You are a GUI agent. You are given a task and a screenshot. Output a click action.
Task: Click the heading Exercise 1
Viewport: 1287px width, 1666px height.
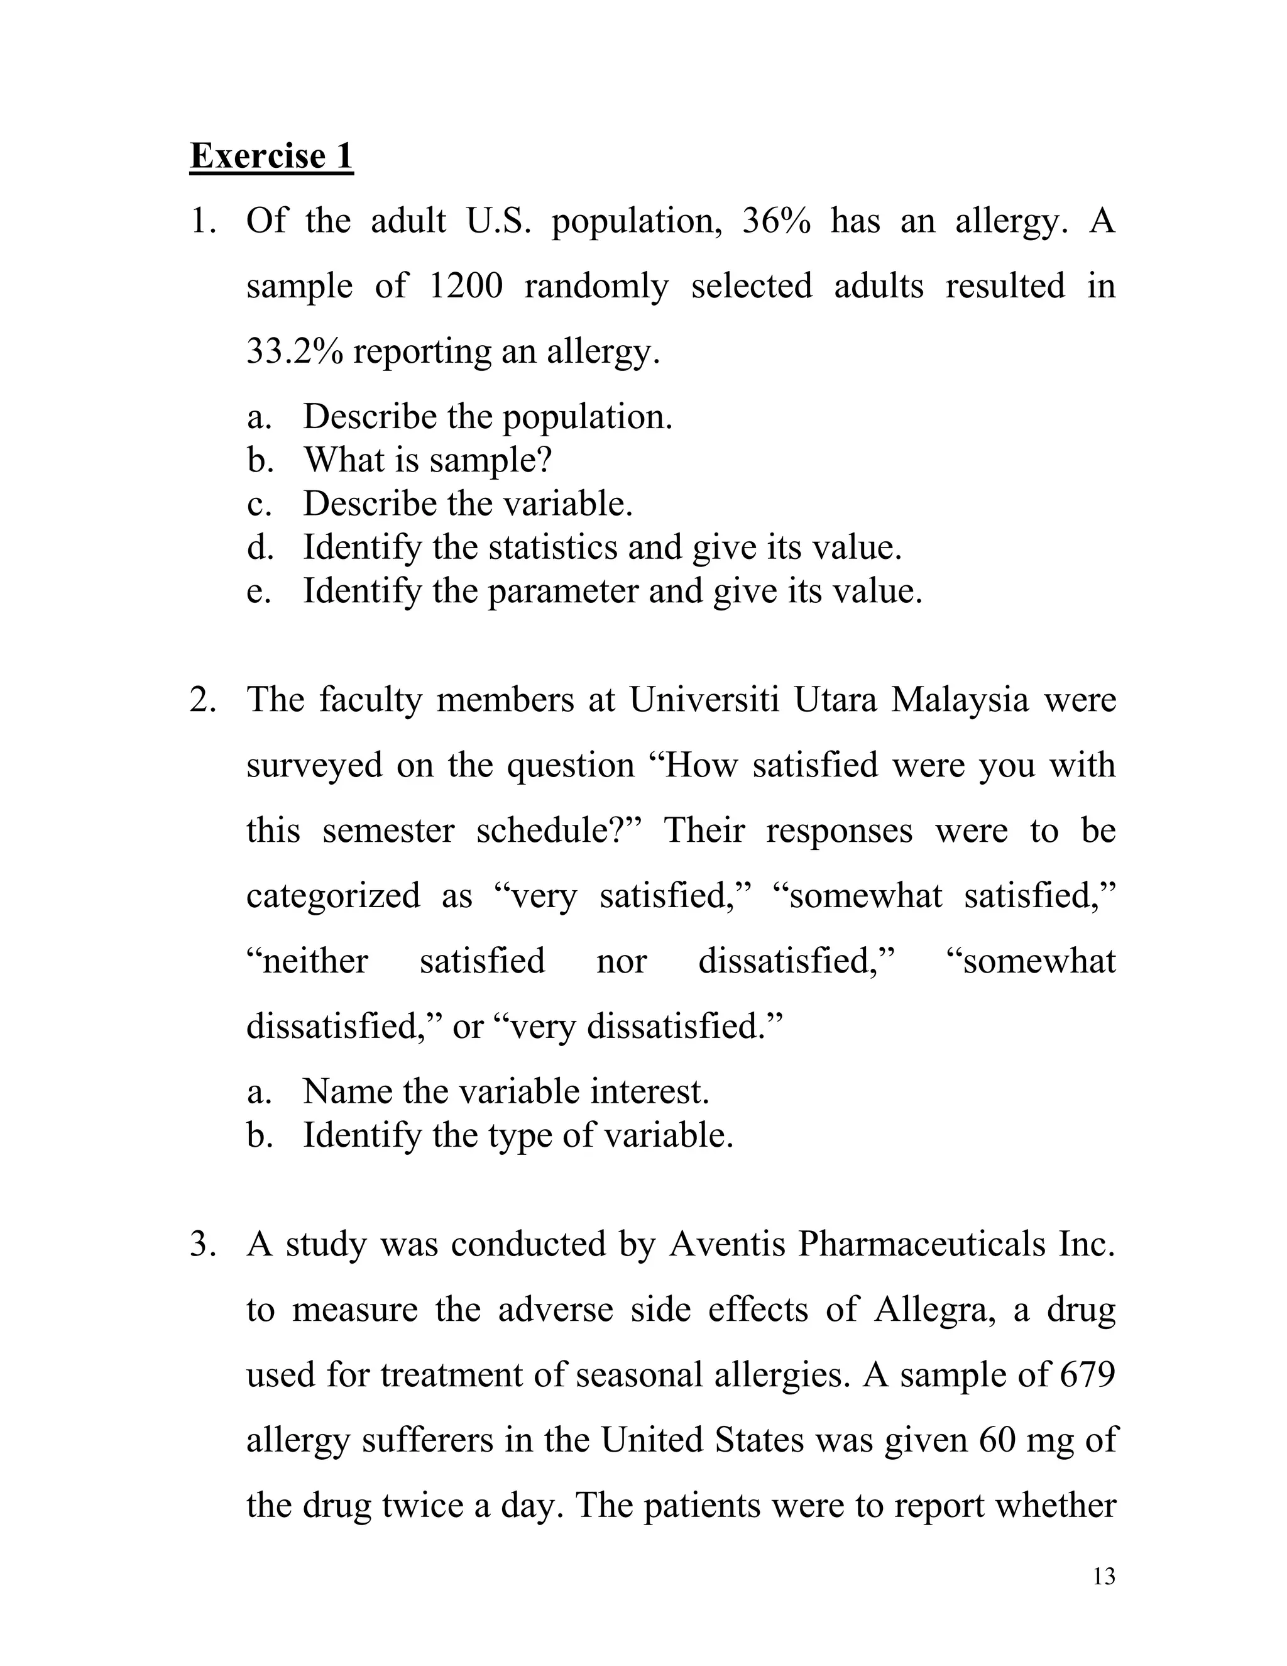coord(271,157)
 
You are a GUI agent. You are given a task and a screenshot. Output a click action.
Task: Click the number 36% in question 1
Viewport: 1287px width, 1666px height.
coord(775,221)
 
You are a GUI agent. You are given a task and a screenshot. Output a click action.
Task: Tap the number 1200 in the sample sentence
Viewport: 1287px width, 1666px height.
coord(465,287)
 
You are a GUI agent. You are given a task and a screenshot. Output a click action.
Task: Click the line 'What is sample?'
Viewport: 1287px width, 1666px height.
coord(428,460)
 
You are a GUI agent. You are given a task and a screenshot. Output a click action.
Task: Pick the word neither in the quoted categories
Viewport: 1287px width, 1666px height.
coord(308,961)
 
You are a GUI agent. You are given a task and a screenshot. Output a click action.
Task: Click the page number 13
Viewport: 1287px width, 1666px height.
coord(1104,1577)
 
